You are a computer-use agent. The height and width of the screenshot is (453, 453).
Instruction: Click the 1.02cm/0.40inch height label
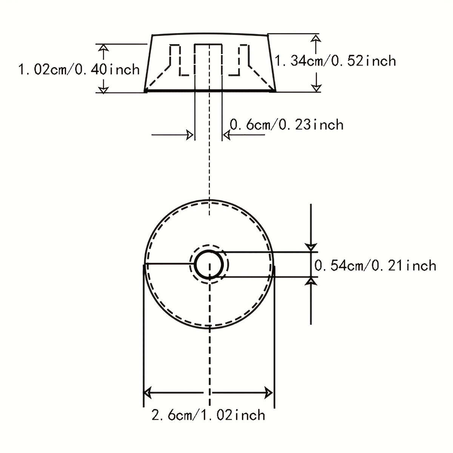(79, 69)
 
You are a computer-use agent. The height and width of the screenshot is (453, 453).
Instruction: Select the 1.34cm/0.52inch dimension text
(335, 61)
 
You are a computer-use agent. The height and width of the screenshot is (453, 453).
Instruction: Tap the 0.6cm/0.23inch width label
(286, 125)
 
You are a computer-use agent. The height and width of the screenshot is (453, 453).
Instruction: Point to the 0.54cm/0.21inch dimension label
(375, 266)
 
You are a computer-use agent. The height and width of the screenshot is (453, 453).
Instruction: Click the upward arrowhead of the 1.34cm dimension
(316, 39)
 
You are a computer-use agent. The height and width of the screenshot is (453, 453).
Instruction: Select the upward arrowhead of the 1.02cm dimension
(103, 48)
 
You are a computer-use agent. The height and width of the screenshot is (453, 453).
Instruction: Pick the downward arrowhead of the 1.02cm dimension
(103, 89)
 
